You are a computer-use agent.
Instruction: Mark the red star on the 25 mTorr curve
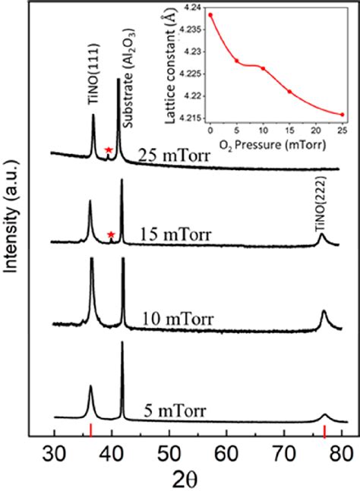(x=109, y=151)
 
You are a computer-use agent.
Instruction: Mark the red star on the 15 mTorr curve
(x=112, y=235)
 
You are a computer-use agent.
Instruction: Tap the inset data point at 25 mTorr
(x=343, y=115)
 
